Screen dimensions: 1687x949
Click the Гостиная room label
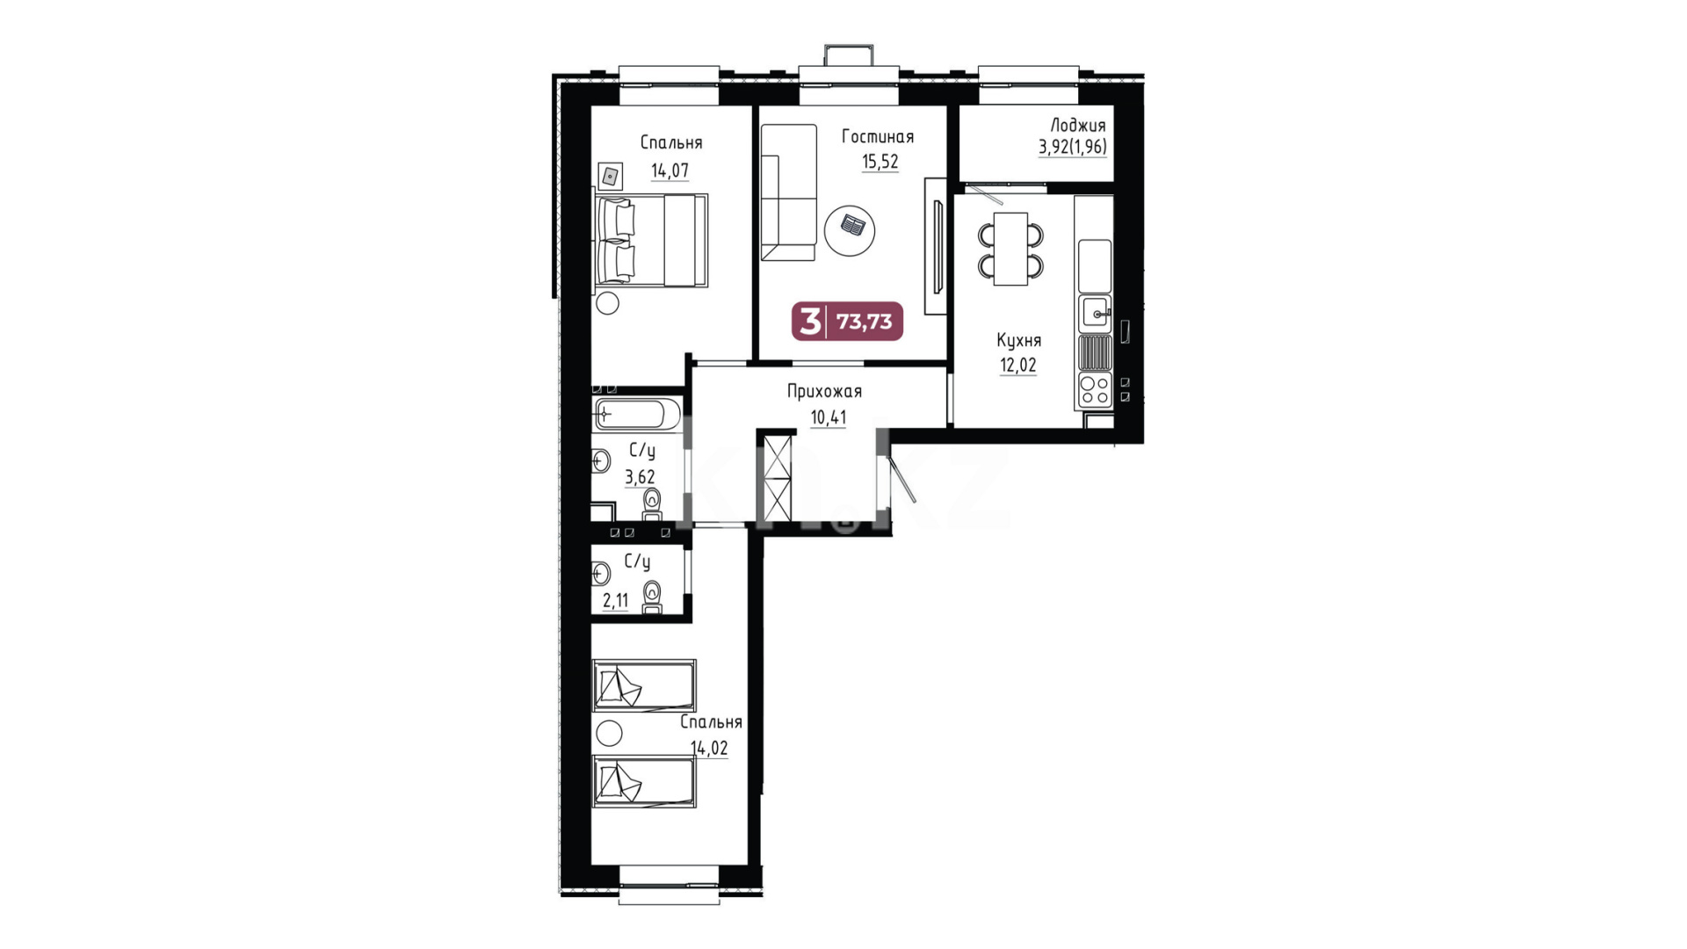tap(877, 136)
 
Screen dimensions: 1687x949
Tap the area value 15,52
tap(880, 162)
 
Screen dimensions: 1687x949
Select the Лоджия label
tap(1078, 125)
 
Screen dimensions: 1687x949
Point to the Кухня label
tap(1018, 340)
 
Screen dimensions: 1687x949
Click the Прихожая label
tap(824, 391)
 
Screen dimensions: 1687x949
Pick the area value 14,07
tap(670, 170)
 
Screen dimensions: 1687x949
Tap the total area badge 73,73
tap(864, 322)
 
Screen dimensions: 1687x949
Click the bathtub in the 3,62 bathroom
tap(637, 413)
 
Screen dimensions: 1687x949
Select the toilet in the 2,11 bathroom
tap(652, 598)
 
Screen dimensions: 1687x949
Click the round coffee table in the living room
tap(850, 229)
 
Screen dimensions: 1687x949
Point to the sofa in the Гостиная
tap(788, 192)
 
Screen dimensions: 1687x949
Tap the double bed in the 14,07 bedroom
tap(651, 241)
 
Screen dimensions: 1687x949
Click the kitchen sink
tap(1095, 314)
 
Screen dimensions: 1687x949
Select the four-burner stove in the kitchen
tap(1095, 389)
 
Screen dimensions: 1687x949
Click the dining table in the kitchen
tap(1010, 249)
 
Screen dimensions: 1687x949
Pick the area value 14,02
tap(709, 749)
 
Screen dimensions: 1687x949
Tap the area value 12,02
tap(1017, 365)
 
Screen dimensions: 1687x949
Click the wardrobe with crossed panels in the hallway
tap(777, 479)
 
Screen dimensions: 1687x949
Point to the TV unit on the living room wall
tap(936, 246)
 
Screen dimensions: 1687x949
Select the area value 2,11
tap(615, 601)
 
